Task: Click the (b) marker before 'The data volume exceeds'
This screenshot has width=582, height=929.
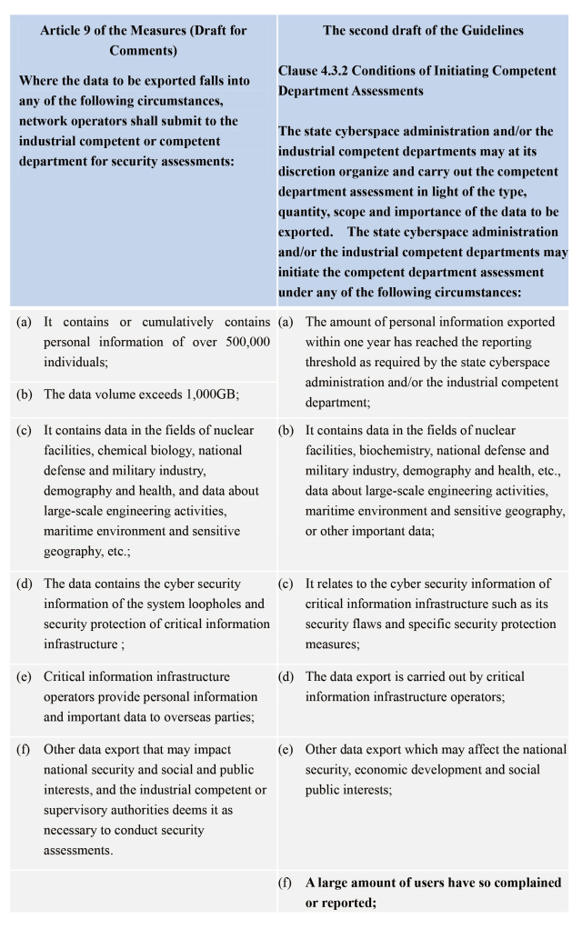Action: click(x=24, y=394)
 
